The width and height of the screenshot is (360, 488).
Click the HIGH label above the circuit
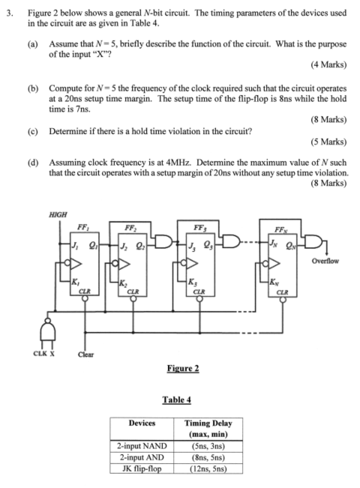click(x=57, y=214)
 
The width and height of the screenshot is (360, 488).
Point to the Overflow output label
click(x=322, y=262)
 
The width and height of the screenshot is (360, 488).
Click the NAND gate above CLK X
click(x=44, y=328)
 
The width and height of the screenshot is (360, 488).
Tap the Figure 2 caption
click(x=182, y=368)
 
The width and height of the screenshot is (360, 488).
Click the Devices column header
click(x=142, y=424)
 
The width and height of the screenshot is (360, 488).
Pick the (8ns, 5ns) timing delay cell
click(x=208, y=457)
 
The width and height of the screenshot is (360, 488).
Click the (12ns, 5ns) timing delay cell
click(x=208, y=469)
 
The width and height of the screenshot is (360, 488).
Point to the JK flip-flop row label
click(x=142, y=469)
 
